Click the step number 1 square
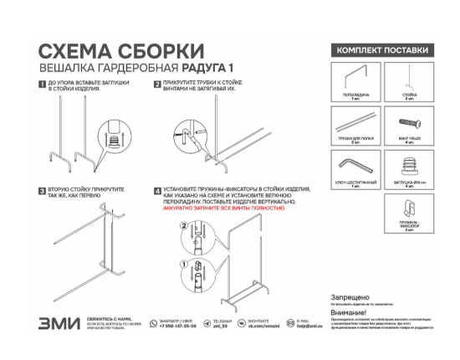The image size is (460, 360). [x=43, y=85]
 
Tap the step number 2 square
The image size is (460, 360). [x=157, y=85]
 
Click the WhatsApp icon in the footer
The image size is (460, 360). [x=155, y=322]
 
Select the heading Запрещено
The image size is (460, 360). [x=348, y=297]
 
